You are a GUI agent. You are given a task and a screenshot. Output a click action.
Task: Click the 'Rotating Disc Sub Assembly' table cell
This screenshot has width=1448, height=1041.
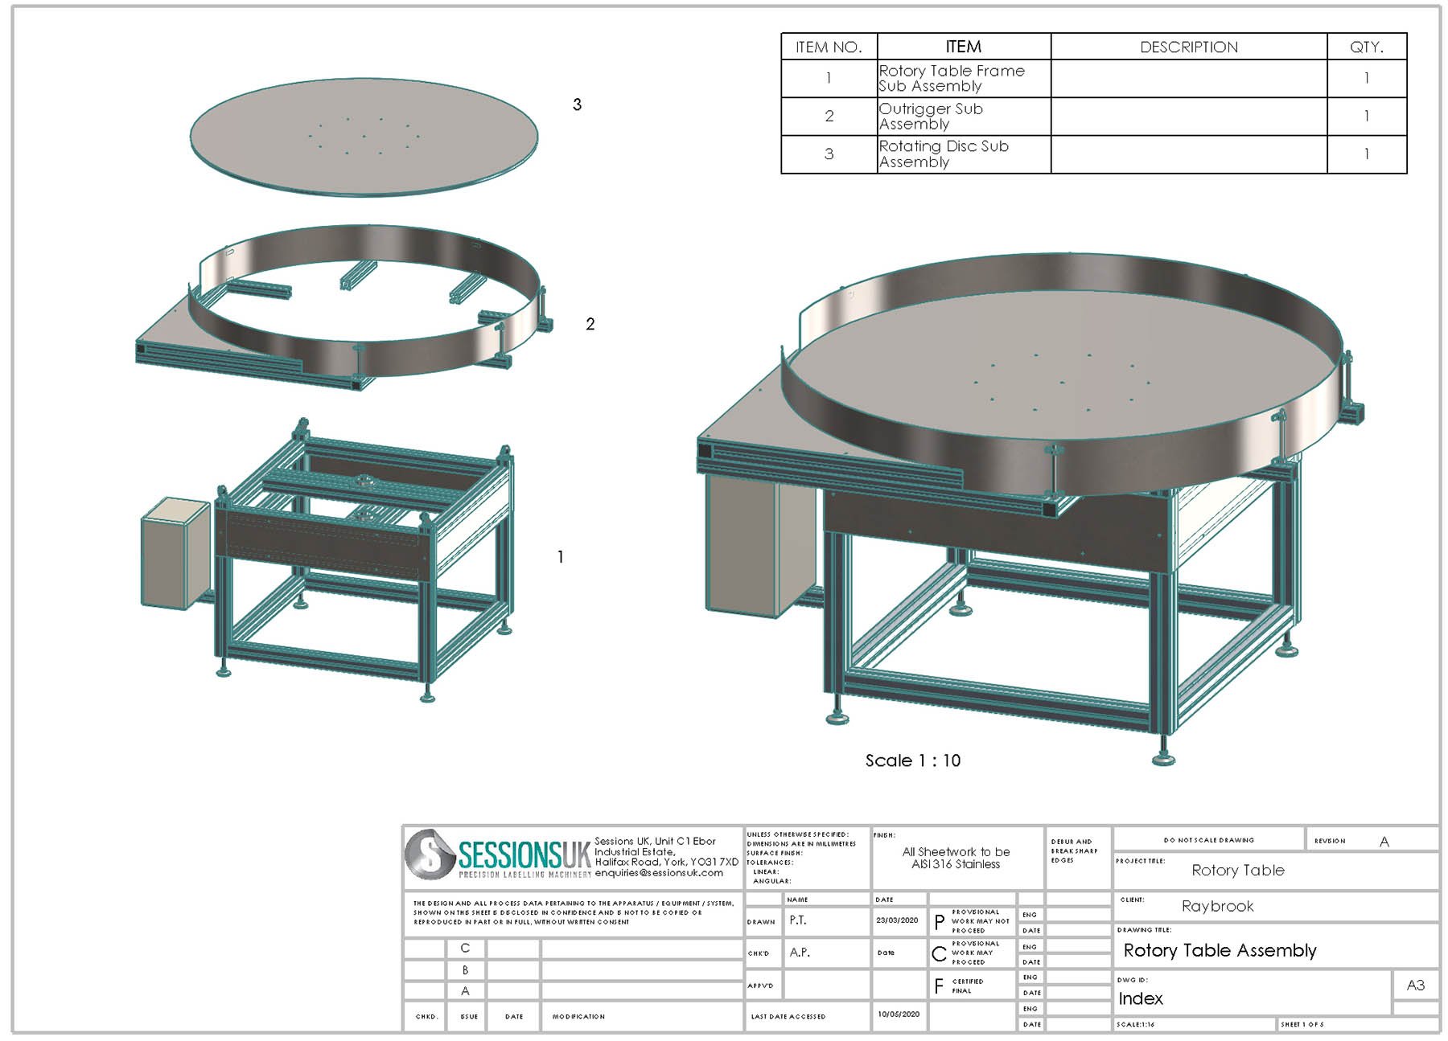(x=963, y=154)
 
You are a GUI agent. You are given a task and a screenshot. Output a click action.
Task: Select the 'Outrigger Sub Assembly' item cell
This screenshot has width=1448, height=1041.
(x=963, y=117)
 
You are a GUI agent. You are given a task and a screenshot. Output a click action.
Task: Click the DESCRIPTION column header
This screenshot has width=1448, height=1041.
(x=1188, y=47)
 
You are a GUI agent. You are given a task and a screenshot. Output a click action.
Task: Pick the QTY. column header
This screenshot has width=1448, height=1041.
(x=1366, y=47)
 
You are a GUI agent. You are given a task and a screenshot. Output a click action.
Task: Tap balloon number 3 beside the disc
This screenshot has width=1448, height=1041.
(x=577, y=105)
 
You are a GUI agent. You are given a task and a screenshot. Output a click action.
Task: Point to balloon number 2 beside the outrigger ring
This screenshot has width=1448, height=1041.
(x=590, y=324)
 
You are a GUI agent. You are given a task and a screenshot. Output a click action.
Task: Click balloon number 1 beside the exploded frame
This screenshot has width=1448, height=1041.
(x=560, y=556)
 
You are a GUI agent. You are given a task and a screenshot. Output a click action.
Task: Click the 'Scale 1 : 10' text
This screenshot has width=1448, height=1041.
(x=912, y=760)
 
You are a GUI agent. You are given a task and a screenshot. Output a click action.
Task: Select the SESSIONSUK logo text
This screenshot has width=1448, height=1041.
(x=524, y=855)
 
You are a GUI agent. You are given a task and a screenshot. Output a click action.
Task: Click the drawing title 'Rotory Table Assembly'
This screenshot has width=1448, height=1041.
(x=1219, y=951)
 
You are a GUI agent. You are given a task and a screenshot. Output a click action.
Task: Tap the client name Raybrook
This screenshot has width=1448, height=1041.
(x=1217, y=906)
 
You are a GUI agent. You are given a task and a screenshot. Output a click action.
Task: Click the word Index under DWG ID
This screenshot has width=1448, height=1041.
(x=1140, y=998)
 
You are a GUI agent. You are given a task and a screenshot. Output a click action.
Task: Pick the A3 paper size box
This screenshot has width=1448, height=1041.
(x=1415, y=985)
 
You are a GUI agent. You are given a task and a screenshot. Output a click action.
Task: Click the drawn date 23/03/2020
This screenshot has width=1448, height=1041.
(x=897, y=920)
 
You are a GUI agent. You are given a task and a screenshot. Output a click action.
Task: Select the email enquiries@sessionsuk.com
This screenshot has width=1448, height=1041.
(x=658, y=873)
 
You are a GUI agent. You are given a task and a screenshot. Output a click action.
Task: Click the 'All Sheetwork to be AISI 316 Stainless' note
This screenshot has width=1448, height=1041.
(x=956, y=858)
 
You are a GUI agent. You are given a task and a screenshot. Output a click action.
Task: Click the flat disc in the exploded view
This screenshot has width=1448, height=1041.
(x=364, y=137)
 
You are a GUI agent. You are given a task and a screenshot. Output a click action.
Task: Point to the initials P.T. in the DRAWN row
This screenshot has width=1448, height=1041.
(x=797, y=920)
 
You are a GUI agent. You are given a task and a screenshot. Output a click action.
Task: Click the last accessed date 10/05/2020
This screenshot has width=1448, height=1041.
(x=898, y=1014)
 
